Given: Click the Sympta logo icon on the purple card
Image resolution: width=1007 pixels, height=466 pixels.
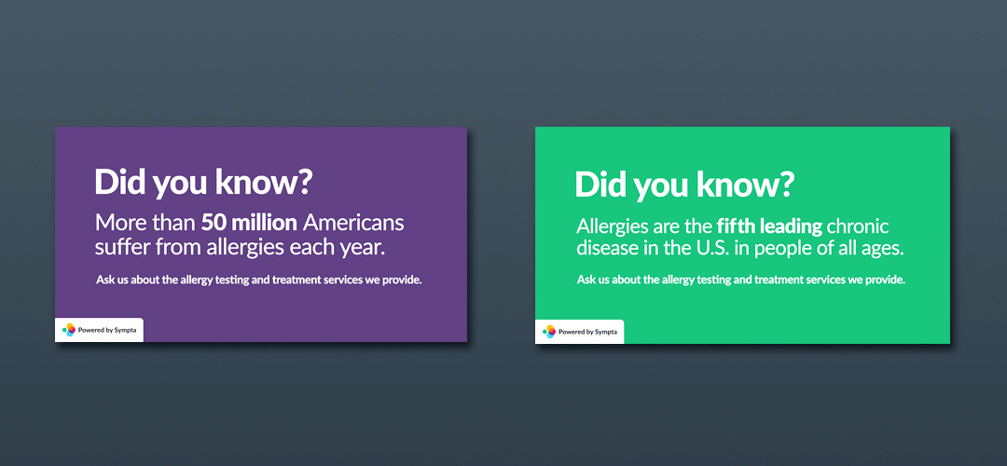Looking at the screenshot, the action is pos(69,330).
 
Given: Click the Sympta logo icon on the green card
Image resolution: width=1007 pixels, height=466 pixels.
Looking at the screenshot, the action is pos(549,331).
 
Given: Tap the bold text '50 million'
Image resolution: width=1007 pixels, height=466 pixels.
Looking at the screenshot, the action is pos(249,224).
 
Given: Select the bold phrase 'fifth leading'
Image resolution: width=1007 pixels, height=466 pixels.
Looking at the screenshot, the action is pos(769,226).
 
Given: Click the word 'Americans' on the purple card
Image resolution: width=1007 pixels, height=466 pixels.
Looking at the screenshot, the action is pos(353,224).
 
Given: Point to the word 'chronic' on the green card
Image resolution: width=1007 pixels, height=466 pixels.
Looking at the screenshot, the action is pos(858,226).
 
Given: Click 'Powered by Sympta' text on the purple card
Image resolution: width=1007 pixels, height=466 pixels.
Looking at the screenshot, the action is pos(107,331).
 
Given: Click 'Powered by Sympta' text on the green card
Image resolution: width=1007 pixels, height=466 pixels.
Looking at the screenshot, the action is pos(587,332).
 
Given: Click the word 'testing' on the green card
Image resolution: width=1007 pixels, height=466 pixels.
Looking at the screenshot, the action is pos(710,281).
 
